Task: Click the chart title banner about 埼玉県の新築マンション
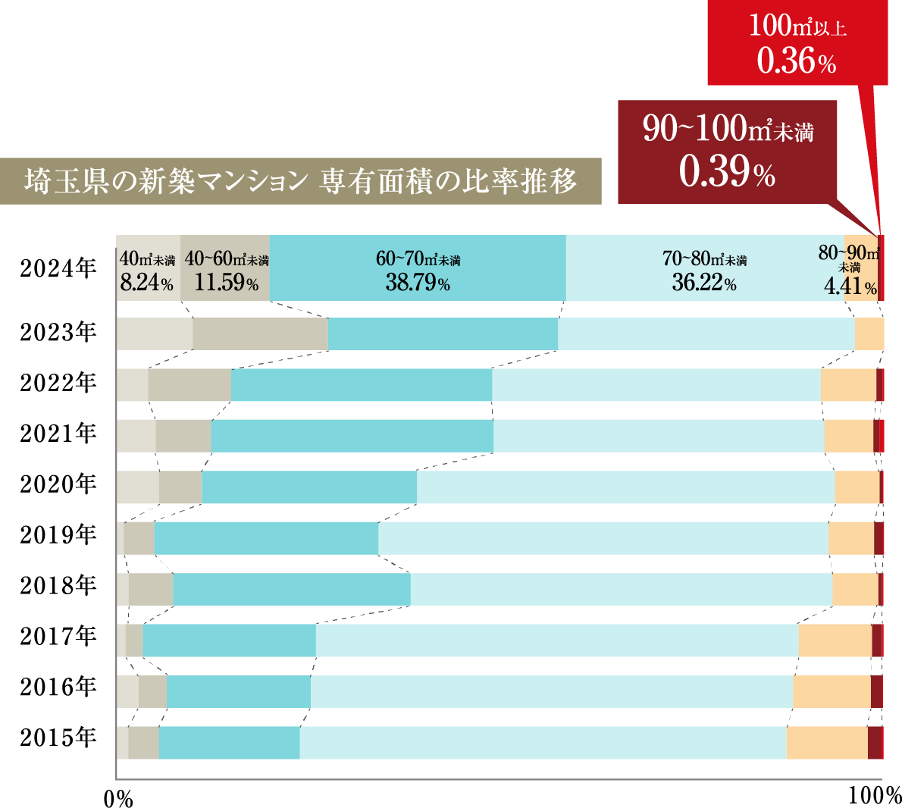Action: coord(301,181)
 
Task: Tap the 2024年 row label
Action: coord(58,268)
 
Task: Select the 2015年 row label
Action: coord(58,737)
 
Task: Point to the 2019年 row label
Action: coord(58,534)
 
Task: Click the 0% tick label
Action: coord(117,798)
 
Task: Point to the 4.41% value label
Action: coord(850,287)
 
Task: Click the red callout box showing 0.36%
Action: coord(797,42)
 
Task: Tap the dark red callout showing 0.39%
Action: coord(727,152)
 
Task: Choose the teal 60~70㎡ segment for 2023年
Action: coord(443,334)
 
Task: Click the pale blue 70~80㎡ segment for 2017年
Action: coord(557,640)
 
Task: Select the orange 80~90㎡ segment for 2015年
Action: coord(827,743)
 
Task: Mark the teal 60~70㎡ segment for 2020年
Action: coord(309,487)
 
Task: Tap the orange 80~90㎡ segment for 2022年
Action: coord(848,385)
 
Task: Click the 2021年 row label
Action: coord(58,433)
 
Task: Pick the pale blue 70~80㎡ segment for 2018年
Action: coord(621,589)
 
